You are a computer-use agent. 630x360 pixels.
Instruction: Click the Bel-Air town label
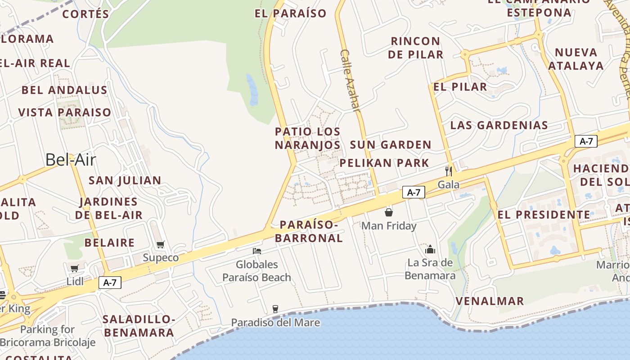[71, 160]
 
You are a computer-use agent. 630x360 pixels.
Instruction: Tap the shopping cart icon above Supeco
[161, 245]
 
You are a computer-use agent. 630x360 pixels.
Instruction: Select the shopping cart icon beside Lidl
[75, 269]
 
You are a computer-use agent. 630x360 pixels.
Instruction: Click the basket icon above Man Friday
[389, 212]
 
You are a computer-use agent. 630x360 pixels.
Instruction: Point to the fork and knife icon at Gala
[448, 171]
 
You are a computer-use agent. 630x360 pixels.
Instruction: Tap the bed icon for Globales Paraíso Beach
[257, 251]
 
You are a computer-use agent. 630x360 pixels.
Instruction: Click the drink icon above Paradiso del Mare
[275, 309]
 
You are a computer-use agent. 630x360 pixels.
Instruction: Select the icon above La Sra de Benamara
[430, 249]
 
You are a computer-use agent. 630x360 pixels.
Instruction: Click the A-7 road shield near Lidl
[110, 283]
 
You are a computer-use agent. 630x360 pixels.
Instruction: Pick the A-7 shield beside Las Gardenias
[586, 141]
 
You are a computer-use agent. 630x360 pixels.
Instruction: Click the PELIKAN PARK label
[384, 163]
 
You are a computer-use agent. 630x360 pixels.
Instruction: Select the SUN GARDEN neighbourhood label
[391, 145]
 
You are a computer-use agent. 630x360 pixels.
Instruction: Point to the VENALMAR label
[490, 301]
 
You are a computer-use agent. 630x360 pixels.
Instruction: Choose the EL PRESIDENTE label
[544, 215]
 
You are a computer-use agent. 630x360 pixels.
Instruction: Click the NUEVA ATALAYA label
[576, 59]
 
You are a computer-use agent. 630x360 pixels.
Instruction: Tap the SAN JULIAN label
[125, 180]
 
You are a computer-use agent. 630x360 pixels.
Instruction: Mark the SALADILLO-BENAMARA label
[138, 326]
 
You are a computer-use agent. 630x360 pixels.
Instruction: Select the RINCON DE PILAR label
[415, 48]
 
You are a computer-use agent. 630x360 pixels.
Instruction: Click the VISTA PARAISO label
[64, 112]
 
